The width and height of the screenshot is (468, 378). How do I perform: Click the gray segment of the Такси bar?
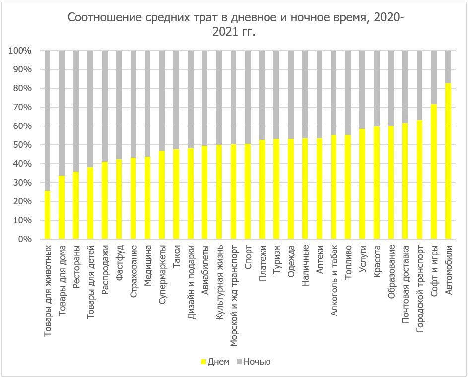coord(176,100)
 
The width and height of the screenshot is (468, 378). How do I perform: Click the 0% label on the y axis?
coord(24,239)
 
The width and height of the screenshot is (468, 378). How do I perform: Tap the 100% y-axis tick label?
coord(20,51)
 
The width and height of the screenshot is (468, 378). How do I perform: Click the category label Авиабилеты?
coord(205,268)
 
